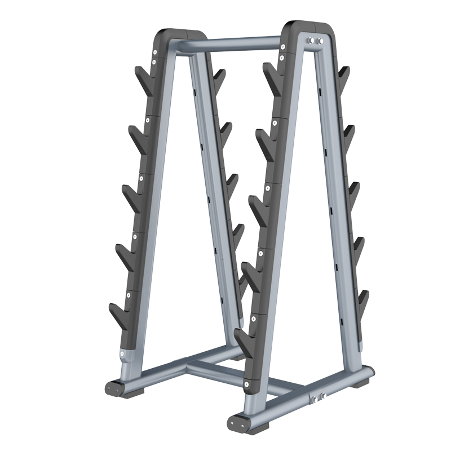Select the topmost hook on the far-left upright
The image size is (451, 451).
[x=142, y=79]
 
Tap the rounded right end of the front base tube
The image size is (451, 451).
[x=369, y=373]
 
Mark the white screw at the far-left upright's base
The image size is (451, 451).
[x=123, y=353]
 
